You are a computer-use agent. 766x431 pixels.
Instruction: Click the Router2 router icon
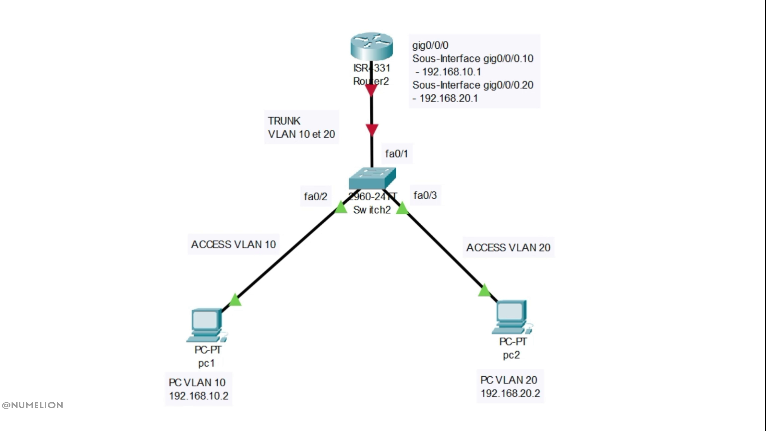point(371,47)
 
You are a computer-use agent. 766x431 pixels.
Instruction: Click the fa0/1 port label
point(396,154)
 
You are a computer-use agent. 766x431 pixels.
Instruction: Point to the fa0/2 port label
point(315,196)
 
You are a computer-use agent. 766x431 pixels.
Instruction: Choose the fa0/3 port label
point(425,195)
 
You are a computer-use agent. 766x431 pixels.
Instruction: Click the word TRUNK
point(284,121)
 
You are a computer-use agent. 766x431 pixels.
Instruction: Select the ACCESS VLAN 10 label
point(233,244)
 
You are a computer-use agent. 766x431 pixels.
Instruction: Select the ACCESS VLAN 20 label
point(508,247)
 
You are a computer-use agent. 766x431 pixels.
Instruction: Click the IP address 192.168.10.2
point(199,396)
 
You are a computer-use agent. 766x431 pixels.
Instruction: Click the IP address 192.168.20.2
point(510,393)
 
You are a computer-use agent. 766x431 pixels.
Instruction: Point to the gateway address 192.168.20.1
point(448,98)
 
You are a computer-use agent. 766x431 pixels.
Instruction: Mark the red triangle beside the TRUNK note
point(372,130)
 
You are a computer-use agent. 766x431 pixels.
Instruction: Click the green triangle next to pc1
point(235,300)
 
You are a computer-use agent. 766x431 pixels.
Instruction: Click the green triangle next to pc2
point(484,290)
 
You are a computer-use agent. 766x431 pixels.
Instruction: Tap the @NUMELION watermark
point(32,405)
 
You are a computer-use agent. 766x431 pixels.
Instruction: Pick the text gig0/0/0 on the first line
point(430,45)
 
